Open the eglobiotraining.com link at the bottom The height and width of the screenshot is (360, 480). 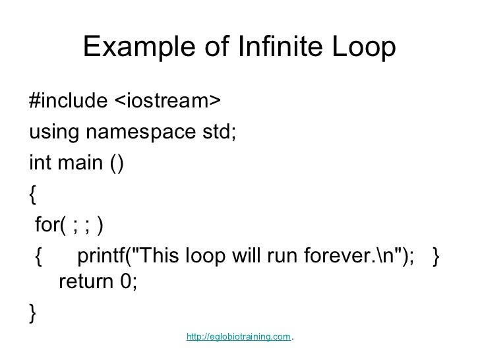(239, 337)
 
